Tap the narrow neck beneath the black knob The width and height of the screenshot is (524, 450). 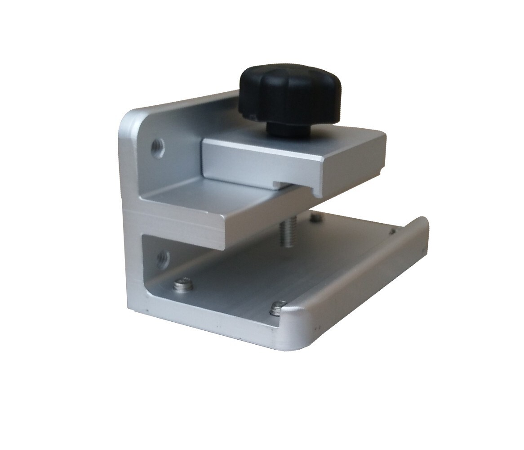click(x=287, y=128)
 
